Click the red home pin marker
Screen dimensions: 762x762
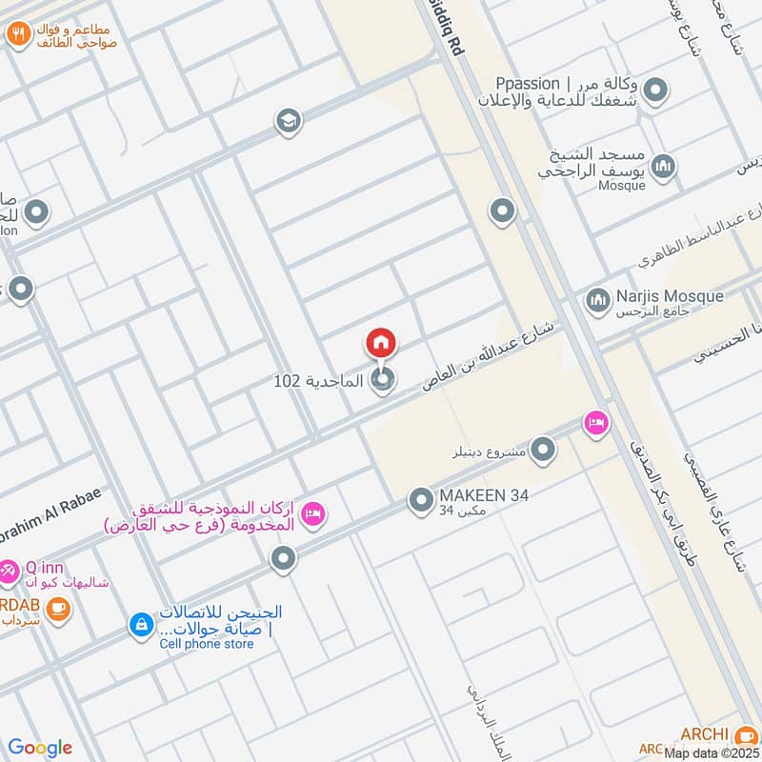click(x=381, y=343)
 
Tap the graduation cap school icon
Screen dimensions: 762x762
click(x=287, y=121)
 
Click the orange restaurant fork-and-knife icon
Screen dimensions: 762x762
click(x=18, y=36)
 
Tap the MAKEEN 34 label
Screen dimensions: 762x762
click(x=483, y=495)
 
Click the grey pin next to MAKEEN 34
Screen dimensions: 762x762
click(x=421, y=499)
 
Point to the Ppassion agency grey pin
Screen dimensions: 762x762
click(x=654, y=92)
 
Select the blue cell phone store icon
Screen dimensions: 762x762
click(x=140, y=625)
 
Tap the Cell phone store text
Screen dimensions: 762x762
click(x=207, y=644)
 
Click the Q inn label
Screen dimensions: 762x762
click(x=45, y=569)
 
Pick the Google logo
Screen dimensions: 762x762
click(x=40, y=748)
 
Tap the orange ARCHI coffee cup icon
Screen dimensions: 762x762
click(x=745, y=735)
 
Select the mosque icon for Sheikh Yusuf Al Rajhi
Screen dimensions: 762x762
click(x=664, y=166)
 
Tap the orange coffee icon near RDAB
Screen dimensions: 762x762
click(x=59, y=607)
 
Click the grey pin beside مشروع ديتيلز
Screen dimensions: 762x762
click(x=543, y=450)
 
